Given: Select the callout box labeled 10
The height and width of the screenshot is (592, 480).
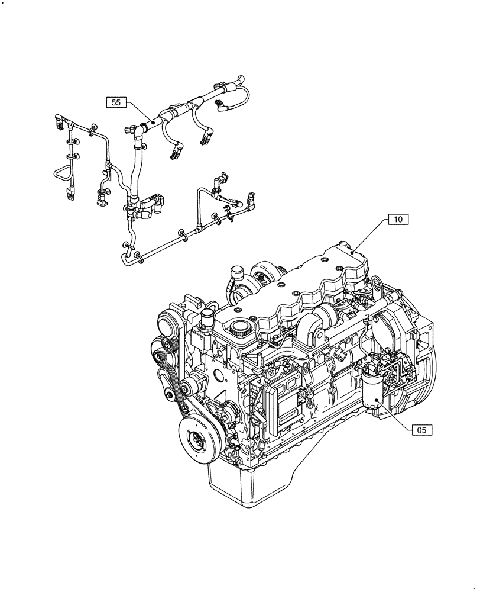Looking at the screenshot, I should pyautogui.click(x=398, y=220).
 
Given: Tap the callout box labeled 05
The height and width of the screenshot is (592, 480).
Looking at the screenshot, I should pyautogui.click(x=422, y=430).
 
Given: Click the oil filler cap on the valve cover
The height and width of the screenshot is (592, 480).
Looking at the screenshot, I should pyautogui.click(x=240, y=327).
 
